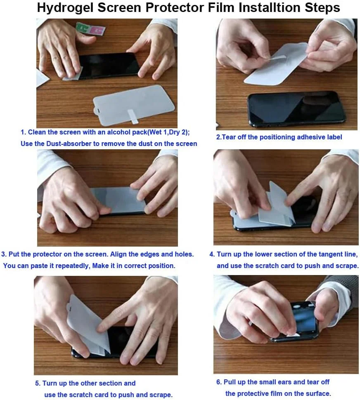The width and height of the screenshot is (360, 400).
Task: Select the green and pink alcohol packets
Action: click(91, 29)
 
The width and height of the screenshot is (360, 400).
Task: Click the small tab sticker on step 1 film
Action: click(131, 116)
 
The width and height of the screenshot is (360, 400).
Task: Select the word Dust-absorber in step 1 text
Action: click(69, 144)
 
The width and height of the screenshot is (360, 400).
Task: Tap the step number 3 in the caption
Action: click(4, 254)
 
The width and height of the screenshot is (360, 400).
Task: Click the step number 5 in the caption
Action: click(38, 384)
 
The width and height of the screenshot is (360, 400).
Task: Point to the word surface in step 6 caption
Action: click(317, 394)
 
